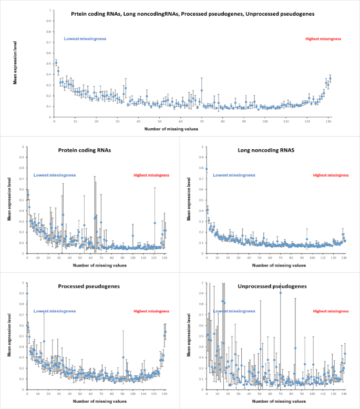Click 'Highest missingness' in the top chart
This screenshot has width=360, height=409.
click(x=323, y=39)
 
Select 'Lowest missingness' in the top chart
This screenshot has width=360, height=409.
click(x=85, y=39)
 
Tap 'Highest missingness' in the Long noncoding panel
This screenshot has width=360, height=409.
click(x=331, y=175)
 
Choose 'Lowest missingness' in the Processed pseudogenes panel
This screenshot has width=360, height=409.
click(x=55, y=311)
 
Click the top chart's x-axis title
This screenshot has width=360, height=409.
click(x=193, y=129)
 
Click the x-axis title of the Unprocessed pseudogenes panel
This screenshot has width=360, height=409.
click(x=276, y=401)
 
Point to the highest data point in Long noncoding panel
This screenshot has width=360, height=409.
click(x=207, y=169)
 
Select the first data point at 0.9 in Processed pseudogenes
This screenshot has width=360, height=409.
click(x=27, y=293)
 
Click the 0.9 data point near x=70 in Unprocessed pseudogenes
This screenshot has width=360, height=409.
click(x=281, y=293)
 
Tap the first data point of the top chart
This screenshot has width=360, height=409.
click(x=56, y=63)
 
